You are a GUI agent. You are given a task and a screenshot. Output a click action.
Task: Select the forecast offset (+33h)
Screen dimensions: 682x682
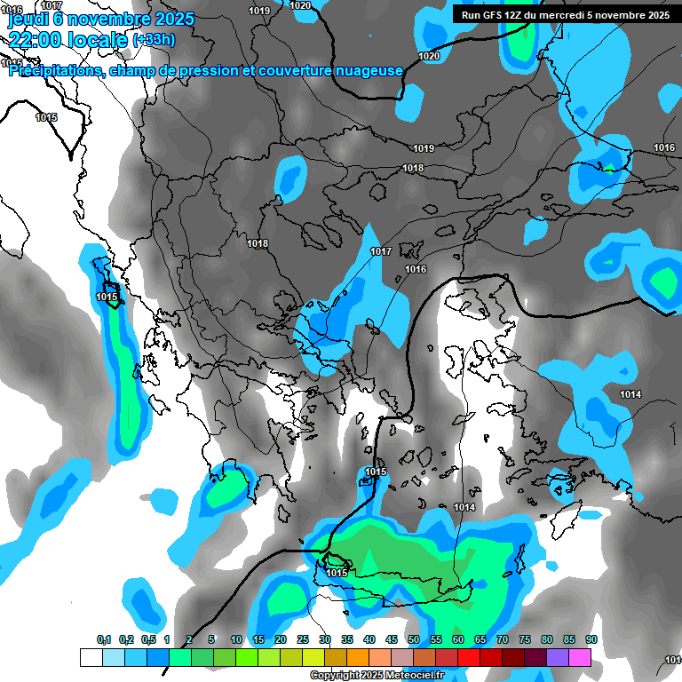tap(154, 40)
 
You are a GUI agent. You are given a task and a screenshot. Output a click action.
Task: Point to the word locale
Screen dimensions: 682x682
tap(99, 38)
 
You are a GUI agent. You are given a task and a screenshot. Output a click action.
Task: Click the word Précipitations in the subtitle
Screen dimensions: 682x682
tap(57, 71)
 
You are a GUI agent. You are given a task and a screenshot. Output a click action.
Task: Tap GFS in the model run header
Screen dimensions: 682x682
tap(493, 15)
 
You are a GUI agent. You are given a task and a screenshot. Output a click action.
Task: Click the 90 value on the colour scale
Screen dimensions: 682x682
tap(591, 639)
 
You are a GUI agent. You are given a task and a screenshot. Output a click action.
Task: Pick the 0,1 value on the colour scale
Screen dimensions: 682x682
tap(103, 639)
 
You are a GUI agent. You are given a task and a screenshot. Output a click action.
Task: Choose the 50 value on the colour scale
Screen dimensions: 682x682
tap(414, 639)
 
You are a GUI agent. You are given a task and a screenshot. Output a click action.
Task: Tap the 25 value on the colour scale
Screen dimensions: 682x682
tap(303, 639)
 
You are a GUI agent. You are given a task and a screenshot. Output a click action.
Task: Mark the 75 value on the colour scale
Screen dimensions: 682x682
tap(525, 639)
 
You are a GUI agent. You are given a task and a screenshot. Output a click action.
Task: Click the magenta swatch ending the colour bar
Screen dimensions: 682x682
tap(580, 657)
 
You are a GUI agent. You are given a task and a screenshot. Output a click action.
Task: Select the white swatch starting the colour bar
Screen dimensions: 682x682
tap(91, 657)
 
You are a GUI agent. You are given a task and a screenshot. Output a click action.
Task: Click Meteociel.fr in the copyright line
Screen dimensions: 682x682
tap(411, 676)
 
